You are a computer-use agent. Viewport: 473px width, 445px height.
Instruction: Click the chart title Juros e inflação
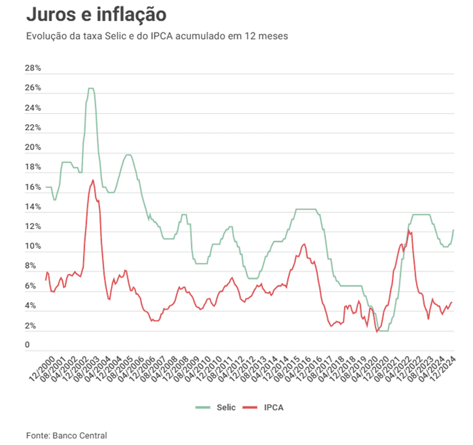[96, 14]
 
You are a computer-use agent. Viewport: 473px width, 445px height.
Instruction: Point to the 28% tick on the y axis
[33, 68]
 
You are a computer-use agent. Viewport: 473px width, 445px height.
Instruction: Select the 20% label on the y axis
[33, 147]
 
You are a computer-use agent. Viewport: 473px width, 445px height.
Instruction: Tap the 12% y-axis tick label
[33, 227]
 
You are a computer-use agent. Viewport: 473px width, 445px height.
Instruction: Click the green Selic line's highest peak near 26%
[91, 88]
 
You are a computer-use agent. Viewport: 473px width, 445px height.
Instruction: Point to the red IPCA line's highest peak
[93, 180]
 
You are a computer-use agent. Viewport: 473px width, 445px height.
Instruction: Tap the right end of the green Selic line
[453, 230]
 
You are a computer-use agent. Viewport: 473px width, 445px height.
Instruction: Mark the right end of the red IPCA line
[452, 302]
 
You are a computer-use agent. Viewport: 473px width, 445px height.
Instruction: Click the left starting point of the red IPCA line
[46, 279]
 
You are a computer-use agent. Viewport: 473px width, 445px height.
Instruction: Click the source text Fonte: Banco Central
[67, 435]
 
